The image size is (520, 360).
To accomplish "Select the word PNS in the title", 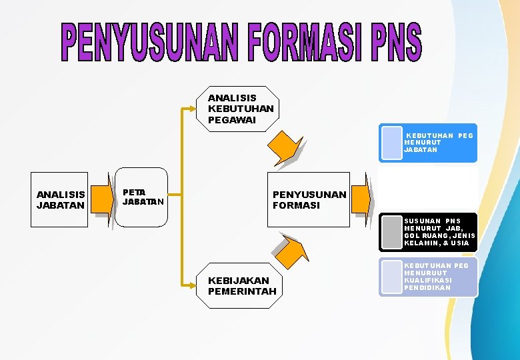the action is click(x=396, y=41).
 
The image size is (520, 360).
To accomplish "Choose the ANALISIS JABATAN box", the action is click(x=59, y=199).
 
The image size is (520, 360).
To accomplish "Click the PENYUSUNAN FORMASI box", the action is click(x=309, y=199).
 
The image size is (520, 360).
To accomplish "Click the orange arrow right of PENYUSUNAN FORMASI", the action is click(x=361, y=197).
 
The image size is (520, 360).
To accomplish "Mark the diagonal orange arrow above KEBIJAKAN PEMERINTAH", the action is click(x=291, y=250).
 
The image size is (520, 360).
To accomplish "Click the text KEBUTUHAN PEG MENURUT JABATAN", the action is click(x=438, y=143).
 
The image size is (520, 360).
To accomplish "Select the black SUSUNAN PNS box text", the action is click(x=439, y=232).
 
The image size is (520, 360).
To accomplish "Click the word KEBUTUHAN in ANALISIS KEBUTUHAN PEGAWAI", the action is click(x=241, y=109).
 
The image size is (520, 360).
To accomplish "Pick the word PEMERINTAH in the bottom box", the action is click(x=241, y=291).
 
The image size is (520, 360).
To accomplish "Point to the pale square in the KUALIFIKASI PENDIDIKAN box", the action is click(x=391, y=277).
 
